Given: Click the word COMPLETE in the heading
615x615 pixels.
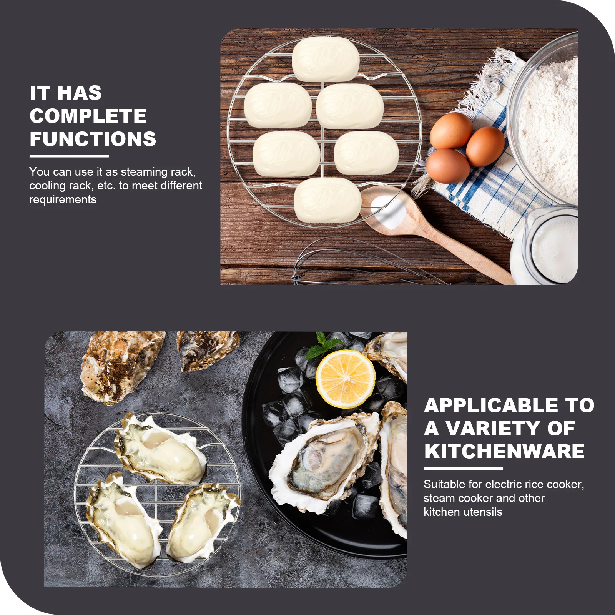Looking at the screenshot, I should coord(88,116).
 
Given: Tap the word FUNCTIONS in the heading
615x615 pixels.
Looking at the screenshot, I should coord(93,139).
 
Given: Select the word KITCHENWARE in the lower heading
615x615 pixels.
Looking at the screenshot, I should coord(504,451).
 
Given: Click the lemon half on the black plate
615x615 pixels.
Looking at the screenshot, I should coord(345,379).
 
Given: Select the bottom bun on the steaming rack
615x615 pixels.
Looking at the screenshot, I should coord(327,200).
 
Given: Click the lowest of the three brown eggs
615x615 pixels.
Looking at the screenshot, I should coord(447,166).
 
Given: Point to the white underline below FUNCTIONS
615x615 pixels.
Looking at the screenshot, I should coord(69,156).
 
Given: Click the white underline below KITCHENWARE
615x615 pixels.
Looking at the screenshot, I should coord(463,469).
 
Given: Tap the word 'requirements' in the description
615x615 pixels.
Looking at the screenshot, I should coord(63,199).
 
